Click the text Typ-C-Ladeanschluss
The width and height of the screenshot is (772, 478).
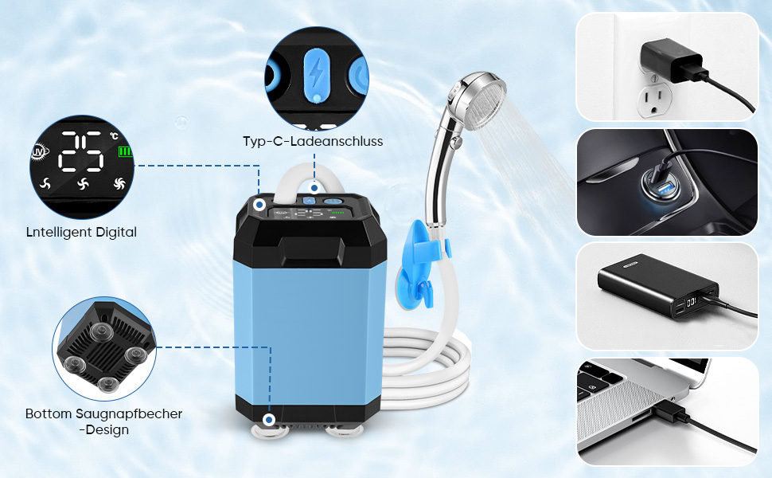pyautogui.click(x=313, y=142)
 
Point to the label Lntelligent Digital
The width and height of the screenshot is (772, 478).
pyautogui.click(x=81, y=232)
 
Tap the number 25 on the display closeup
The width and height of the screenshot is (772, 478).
pyautogui.click(x=81, y=151)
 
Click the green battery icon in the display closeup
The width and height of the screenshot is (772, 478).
pyautogui.click(x=125, y=151)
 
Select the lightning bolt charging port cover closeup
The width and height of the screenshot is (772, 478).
pyautogui.click(x=316, y=74)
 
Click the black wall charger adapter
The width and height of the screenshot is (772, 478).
pyautogui.click(x=672, y=61)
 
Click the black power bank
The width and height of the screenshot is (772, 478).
pyautogui.click(x=657, y=285)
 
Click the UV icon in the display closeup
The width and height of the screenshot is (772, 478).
pyautogui.click(x=38, y=152)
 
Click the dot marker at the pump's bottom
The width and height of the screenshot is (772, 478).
pyautogui.click(x=269, y=420)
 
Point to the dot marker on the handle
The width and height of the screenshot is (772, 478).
pyautogui.click(x=314, y=188)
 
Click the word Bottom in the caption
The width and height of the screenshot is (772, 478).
pyautogui.click(x=49, y=414)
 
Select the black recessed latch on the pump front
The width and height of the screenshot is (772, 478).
pyautogui.click(x=312, y=253)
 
